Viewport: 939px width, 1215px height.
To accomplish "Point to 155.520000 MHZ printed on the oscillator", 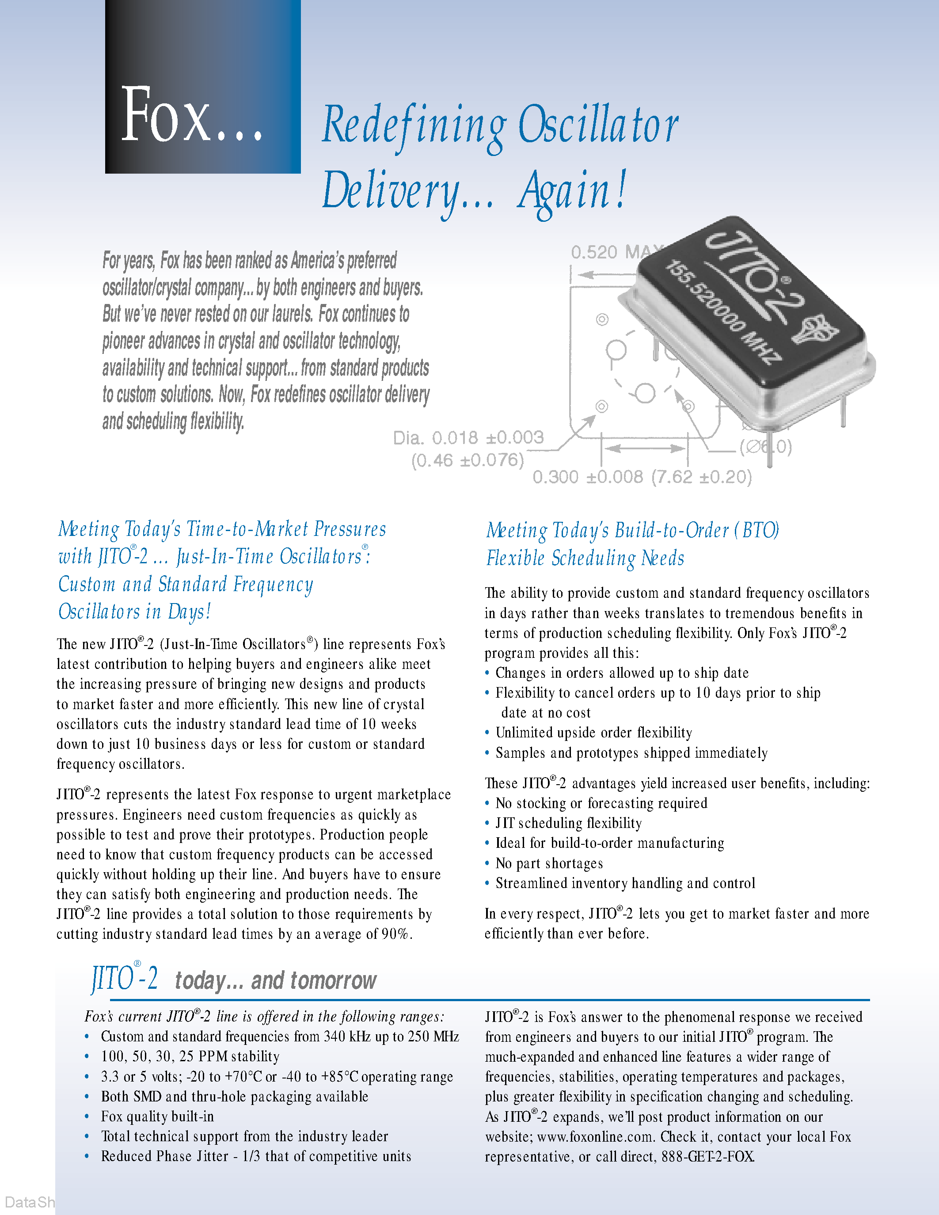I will tap(723, 312).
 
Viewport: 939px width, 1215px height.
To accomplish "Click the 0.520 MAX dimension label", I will tap(612, 252).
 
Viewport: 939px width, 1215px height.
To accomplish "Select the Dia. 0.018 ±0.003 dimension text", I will tap(468, 438).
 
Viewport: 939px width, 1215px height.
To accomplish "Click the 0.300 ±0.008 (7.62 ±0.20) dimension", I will tap(641, 477).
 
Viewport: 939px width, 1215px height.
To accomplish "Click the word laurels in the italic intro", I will tap(290, 314).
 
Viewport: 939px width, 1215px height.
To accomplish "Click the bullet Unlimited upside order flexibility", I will tap(593, 733).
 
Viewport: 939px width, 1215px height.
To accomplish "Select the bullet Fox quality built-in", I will tap(157, 1116).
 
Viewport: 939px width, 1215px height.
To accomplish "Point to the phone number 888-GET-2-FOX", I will tap(707, 1157).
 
